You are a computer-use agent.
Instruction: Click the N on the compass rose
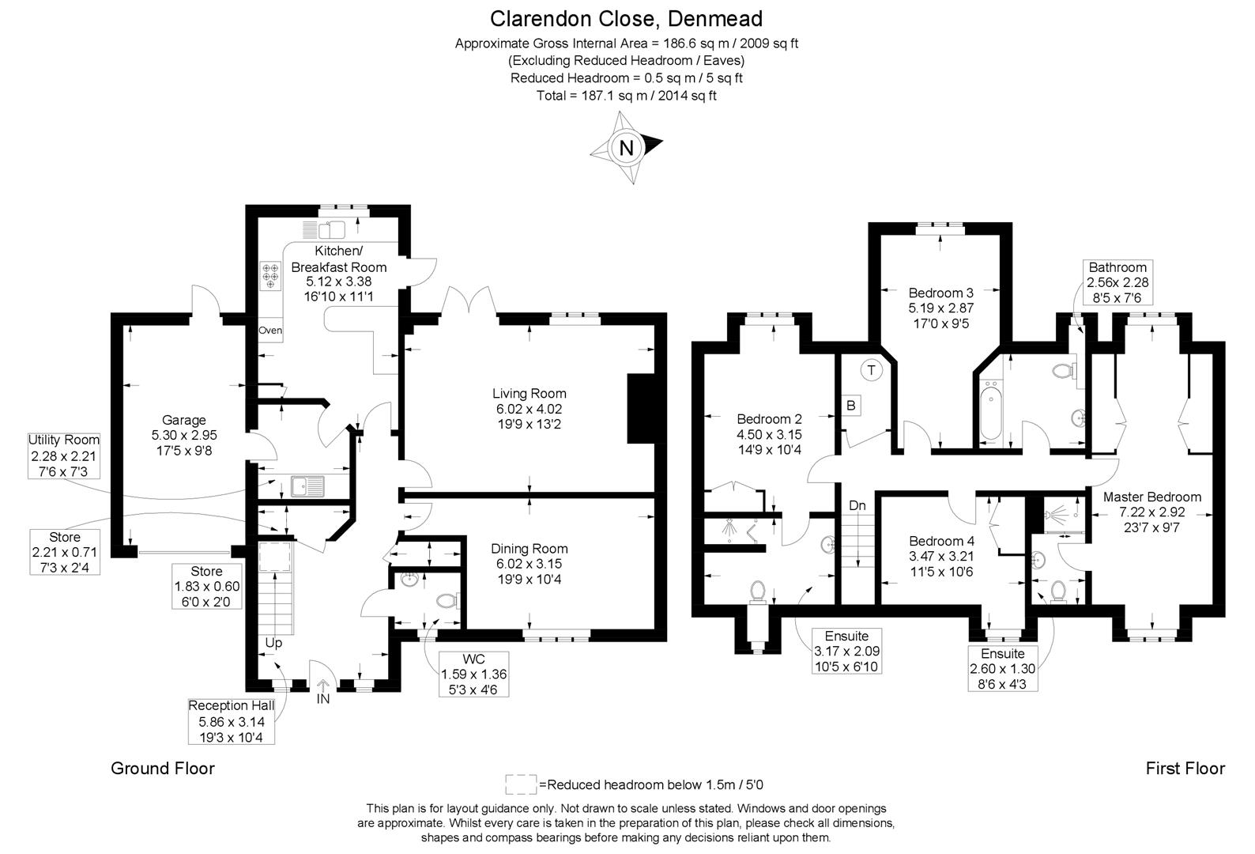tap(627, 148)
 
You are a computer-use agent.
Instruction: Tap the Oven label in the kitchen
tap(270, 331)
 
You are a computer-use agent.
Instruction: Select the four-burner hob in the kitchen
tap(270, 276)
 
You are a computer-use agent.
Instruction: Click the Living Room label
tap(530, 394)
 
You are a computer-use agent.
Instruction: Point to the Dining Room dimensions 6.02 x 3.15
tap(529, 564)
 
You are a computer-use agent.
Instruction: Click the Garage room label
tap(184, 420)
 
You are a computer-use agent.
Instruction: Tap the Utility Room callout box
tap(64, 456)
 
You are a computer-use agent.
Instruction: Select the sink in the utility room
tap(307, 486)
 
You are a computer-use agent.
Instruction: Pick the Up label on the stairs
tap(273, 643)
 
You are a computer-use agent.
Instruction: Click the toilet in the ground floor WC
tap(448, 601)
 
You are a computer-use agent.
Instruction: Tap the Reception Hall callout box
tap(232, 721)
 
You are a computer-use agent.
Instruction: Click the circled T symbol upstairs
tap(871, 370)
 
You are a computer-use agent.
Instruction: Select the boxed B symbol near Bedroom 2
tap(850, 406)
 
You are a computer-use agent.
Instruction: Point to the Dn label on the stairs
tap(857, 505)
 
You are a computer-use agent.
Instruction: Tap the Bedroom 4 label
tap(942, 541)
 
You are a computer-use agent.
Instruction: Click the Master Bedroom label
tap(1152, 497)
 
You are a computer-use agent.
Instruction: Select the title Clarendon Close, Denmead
tap(627, 19)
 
